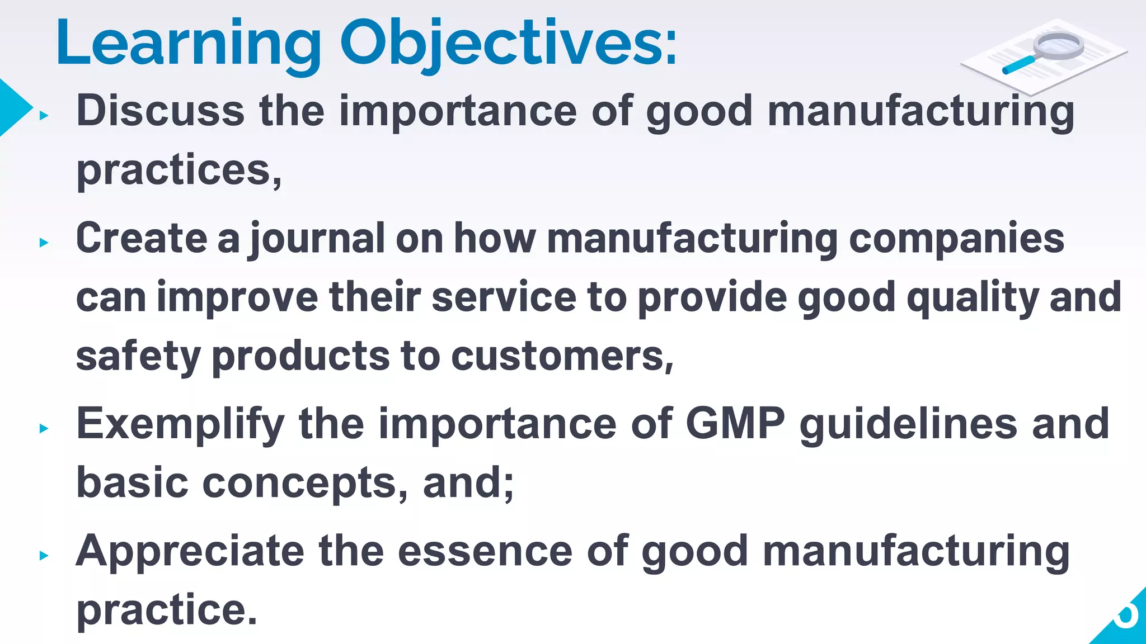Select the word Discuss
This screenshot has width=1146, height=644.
click(161, 111)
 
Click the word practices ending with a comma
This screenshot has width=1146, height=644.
click(179, 171)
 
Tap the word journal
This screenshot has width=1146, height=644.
click(317, 239)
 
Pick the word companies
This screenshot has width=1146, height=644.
click(956, 239)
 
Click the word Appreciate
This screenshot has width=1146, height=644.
click(190, 552)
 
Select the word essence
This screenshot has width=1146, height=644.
click(485, 551)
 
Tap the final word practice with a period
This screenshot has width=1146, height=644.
click(166, 610)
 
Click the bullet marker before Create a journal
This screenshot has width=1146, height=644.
click(44, 243)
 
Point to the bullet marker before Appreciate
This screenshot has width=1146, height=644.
click(44, 556)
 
